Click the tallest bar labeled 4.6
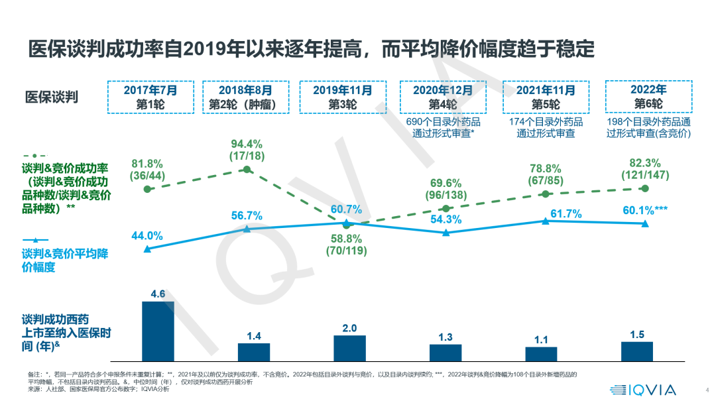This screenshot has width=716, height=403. tap(158, 330)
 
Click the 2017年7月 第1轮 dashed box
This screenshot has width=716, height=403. tap(151, 97)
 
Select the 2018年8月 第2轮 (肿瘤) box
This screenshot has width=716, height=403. tap(247, 97)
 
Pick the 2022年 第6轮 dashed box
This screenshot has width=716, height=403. tap(648, 97)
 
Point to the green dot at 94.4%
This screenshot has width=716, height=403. tap(247, 170)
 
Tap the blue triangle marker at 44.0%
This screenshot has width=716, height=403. tap(147, 249)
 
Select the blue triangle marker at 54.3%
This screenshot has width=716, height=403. tap(446, 232)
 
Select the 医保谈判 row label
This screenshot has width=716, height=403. tap(51, 97)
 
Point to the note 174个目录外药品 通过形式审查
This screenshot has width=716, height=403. tap(545, 127)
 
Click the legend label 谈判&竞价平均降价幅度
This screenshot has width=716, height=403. tap(64, 260)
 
